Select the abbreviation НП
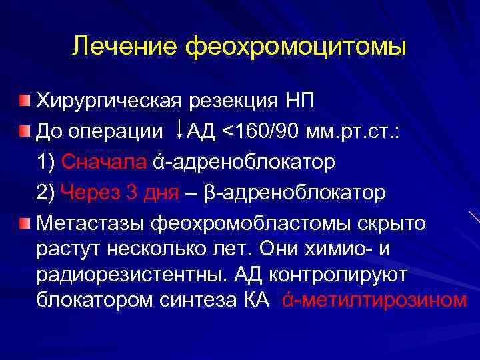click(298, 101)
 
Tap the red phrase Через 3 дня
click(119, 192)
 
